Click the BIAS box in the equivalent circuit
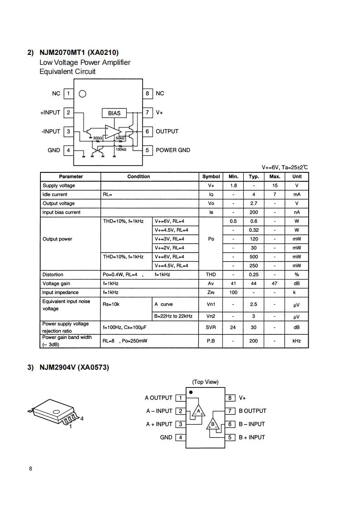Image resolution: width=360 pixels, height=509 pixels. pyautogui.click(x=114, y=113)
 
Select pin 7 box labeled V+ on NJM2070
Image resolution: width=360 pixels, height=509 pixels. pyautogui.click(x=148, y=112)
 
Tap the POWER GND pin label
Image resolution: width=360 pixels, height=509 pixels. pyautogui.click(x=173, y=150)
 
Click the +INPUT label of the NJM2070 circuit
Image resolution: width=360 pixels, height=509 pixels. pyautogui.click(x=50, y=112)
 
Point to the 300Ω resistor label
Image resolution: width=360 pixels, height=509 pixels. pyautogui.click(x=97, y=138)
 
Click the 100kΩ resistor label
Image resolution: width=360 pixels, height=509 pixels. pyautogui.click(x=121, y=149)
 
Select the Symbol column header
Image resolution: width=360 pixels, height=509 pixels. pyautogui.click(x=211, y=176)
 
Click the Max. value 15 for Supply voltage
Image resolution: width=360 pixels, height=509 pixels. pyautogui.click(x=275, y=186)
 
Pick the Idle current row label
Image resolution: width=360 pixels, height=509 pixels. pyautogui.click(x=55, y=195)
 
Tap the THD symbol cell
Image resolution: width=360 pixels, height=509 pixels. pyautogui.click(x=211, y=274)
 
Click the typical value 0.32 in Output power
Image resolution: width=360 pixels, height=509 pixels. pyautogui.click(x=254, y=230)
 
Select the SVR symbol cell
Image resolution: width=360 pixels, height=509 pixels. pyautogui.click(x=211, y=327)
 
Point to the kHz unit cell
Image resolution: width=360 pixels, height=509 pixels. pyautogui.click(x=296, y=341)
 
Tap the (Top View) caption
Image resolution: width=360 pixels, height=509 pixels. pyautogui.click(x=205, y=382)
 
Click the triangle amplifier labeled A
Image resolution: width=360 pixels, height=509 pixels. pyautogui.click(x=198, y=411)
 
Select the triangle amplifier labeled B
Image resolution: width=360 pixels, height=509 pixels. pyautogui.click(x=212, y=425)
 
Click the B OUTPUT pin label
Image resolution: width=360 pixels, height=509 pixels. pyautogui.click(x=252, y=411)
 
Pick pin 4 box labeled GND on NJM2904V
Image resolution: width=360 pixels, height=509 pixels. pyautogui.click(x=180, y=437)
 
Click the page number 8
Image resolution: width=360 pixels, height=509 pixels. pyautogui.click(x=30, y=469)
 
